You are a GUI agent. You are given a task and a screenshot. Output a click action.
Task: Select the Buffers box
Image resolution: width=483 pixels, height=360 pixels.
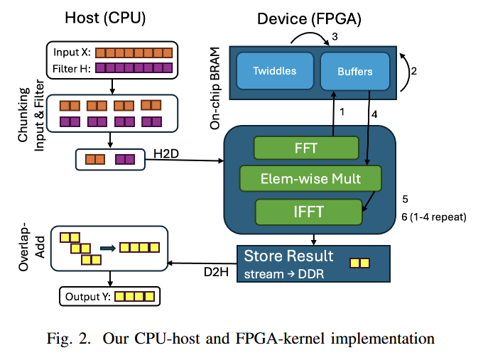pyautogui.click(x=354, y=71)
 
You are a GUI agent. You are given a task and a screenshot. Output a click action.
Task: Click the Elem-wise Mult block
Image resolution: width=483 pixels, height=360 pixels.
pyautogui.click(x=310, y=178)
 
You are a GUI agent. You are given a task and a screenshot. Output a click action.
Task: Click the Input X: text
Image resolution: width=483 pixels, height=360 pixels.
pyautogui.click(x=72, y=53)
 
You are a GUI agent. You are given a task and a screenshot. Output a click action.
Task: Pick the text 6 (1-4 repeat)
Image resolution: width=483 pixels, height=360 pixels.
pyautogui.click(x=433, y=217)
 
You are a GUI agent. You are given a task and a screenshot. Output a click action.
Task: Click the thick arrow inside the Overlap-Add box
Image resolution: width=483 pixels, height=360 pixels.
pyautogui.click(x=109, y=248)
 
